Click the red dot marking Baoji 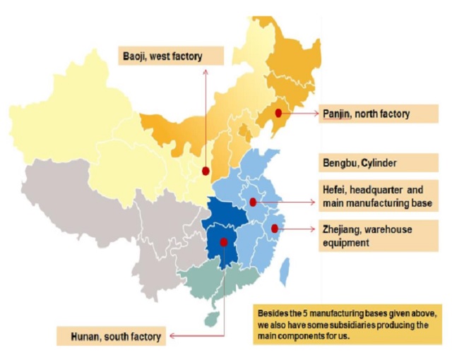click(206, 171)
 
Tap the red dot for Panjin click(278, 113)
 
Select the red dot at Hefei click(253, 202)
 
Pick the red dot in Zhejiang click(275, 228)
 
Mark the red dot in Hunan click(224, 242)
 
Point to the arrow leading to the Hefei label click(290, 202)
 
